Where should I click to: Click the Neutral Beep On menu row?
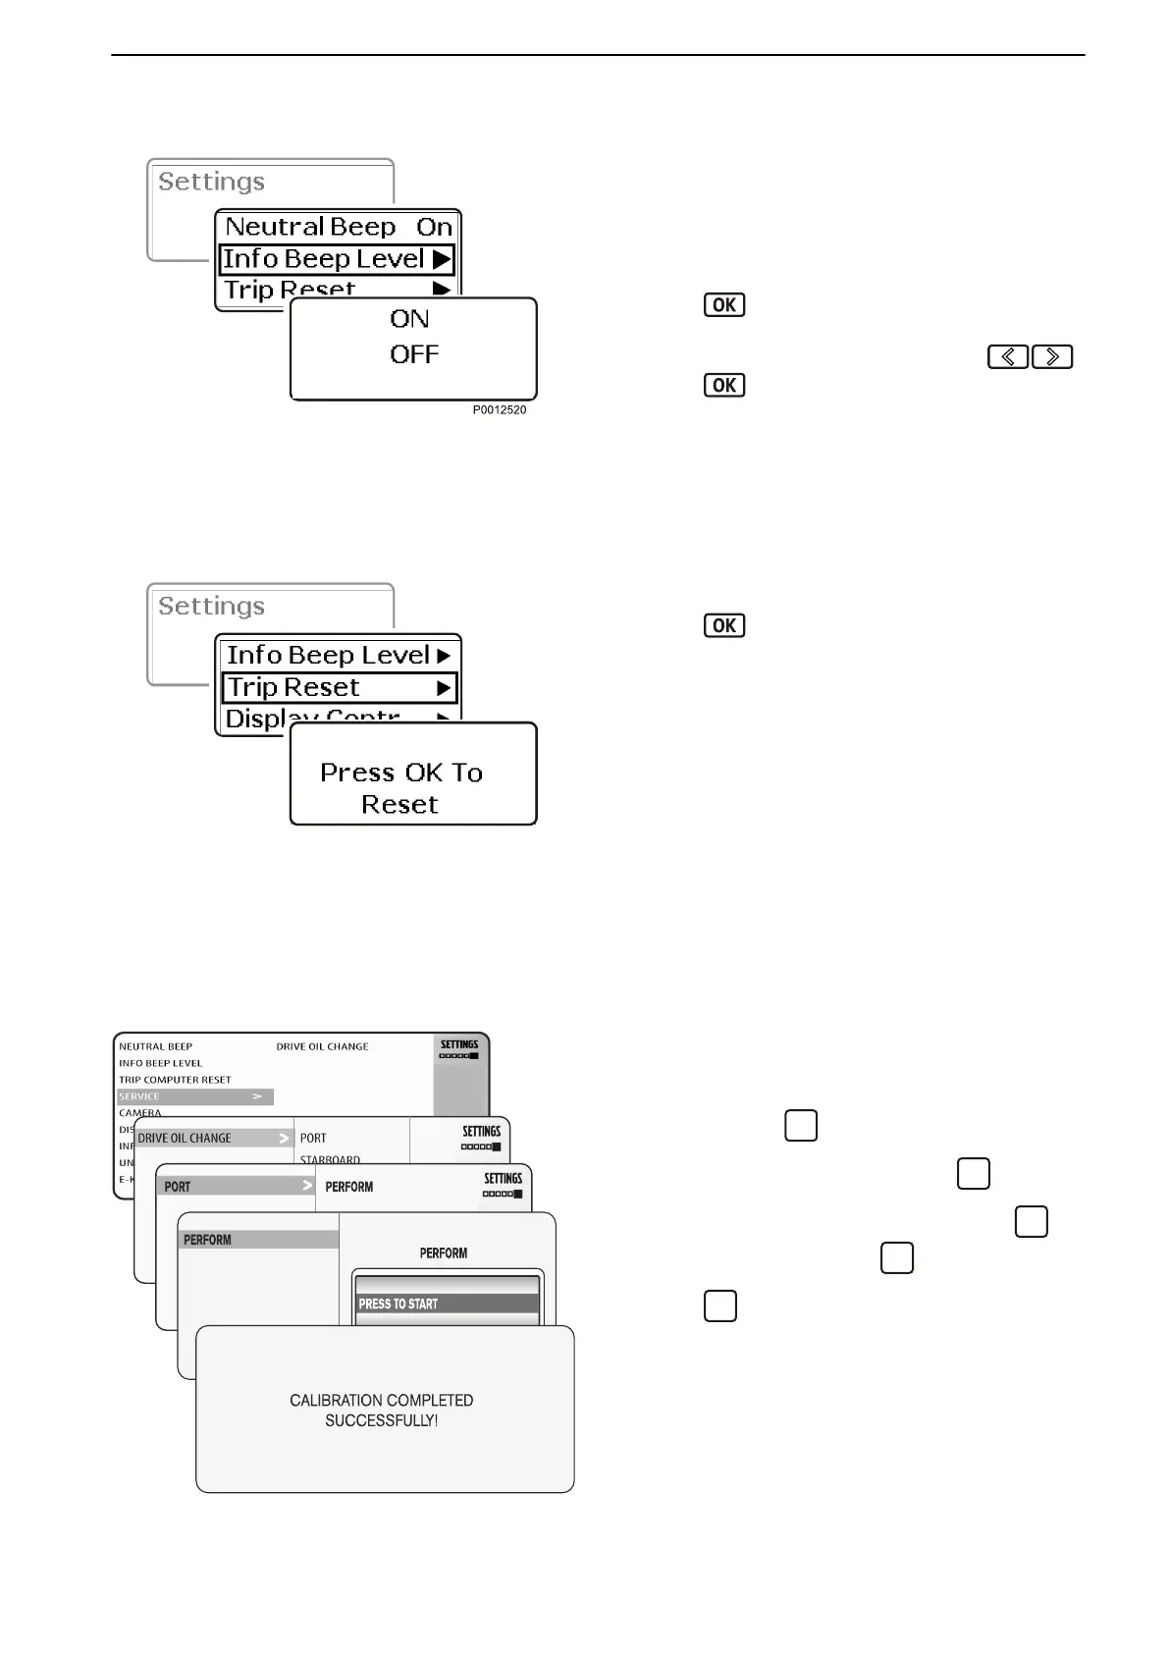pos(338,227)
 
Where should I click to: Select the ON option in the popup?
pos(409,319)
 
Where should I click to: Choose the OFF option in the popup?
pos(413,354)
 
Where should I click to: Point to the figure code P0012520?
pos(499,409)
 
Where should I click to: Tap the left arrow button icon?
pos(1008,357)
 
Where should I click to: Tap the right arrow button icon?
pos(1052,357)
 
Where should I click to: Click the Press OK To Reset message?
pos(401,788)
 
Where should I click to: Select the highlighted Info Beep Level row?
pos(337,259)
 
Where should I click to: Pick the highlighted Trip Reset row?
pos(339,687)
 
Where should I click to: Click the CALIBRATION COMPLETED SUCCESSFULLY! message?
pos(382,1410)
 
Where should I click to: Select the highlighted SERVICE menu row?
pos(194,1096)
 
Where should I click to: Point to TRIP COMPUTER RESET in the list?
pos(175,1080)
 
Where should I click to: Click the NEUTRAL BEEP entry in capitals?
pos(155,1046)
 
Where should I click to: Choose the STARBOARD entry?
pos(330,1159)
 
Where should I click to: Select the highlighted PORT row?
pos(235,1186)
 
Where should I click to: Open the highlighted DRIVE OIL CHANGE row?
pos(214,1138)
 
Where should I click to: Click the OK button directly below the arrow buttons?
pos(724,385)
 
